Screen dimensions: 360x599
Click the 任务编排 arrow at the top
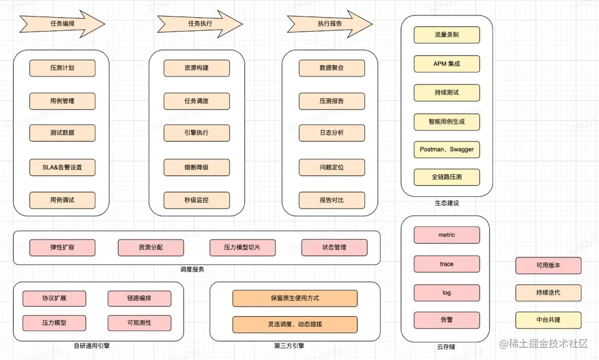click(x=62, y=24)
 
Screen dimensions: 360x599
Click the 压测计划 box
click(x=62, y=68)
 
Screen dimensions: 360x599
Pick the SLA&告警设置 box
click(x=62, y=167)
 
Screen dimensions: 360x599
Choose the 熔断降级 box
click(x=196, y=167)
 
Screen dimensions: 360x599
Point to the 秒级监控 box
click(x=196, y=200)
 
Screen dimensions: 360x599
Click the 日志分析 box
click(x=332, y=133)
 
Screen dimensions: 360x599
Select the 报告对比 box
click(x=332, y=200)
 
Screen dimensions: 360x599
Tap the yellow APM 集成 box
click(x=446, y=64)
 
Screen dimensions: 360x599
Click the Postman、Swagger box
click(x=446, y=150)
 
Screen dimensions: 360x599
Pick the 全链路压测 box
click(x=446, y=178)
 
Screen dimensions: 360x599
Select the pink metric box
click(x=446, y=235)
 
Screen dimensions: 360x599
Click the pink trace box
click(x=446, y=264)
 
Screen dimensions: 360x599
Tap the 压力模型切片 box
click(x=242, y=247)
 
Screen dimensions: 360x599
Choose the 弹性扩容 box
click(x=62, y=247)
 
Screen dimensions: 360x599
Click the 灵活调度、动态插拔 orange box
click(x=295, y=324)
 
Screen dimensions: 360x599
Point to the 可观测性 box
click(x=139, y=323)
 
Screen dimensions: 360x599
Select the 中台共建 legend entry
click(x=548, y=320)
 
